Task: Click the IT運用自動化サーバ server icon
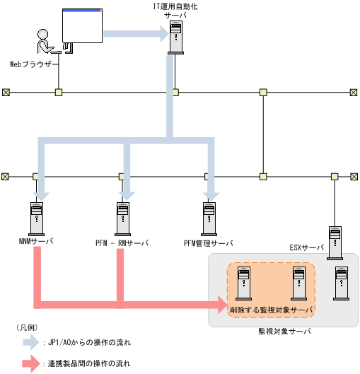[x=175, y=38]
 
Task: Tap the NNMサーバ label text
[x=33, y=242]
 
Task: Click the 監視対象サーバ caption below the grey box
[x=283, y=331]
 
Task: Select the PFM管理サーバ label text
[x=208, y=242]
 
